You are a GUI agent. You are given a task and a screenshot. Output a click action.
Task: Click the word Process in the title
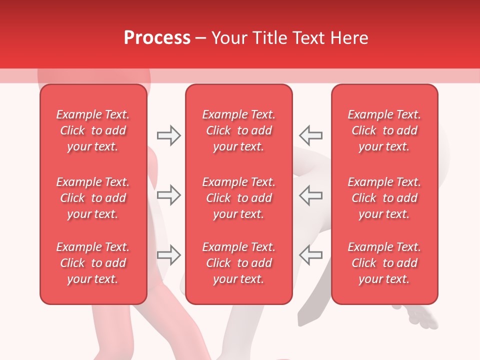157,38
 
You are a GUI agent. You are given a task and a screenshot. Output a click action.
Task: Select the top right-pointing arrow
168,135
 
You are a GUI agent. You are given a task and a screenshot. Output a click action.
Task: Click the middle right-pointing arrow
168,195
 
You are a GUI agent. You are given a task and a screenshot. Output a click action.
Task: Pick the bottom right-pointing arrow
168,255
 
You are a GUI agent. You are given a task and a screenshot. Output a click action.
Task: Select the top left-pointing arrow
310,135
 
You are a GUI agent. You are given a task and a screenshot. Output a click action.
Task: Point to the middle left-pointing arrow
310,195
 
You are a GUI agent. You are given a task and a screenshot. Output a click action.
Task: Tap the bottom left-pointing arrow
310,255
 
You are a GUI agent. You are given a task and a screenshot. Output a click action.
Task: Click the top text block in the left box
93,130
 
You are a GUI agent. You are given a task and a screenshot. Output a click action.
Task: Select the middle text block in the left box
93,198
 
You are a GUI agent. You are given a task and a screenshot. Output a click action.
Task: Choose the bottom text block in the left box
93,263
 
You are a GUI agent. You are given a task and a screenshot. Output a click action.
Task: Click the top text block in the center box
238,130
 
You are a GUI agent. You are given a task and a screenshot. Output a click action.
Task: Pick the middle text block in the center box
238,198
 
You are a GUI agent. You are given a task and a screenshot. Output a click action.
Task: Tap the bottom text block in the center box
238,263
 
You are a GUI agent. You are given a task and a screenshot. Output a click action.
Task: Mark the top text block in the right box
384,130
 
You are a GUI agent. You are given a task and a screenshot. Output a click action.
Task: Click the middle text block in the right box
384,198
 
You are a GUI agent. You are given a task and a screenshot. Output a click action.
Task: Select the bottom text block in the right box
384,263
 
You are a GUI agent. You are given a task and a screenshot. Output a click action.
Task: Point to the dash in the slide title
201,38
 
